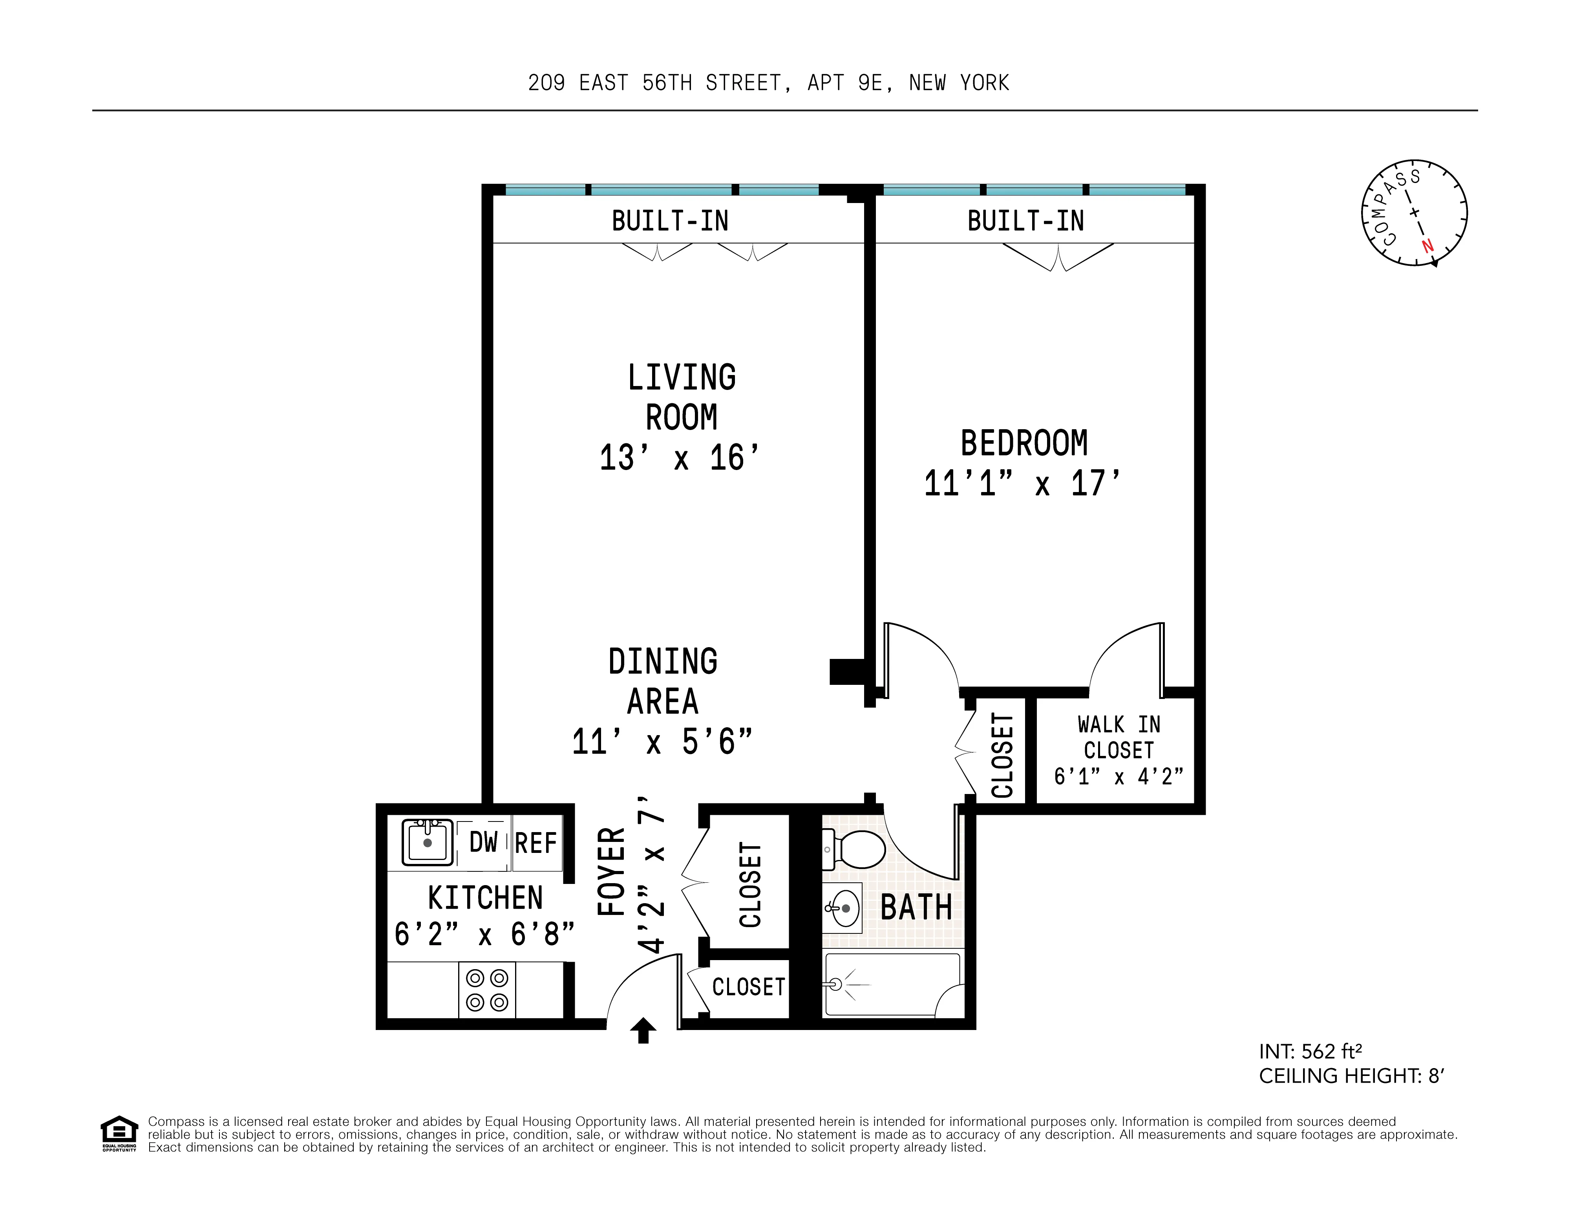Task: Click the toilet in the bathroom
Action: click(855, 849)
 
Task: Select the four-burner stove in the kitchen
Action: click(487, 990)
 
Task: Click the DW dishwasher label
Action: click(483, 842)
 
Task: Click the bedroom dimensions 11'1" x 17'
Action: click(1022, 483)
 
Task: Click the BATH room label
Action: click(916, 907)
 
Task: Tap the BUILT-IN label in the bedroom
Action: click(1025, 221)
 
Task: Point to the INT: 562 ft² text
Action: click(1310, 1051)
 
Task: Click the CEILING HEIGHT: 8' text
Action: click(1351, 1076)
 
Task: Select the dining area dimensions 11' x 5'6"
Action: click(662, 741)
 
